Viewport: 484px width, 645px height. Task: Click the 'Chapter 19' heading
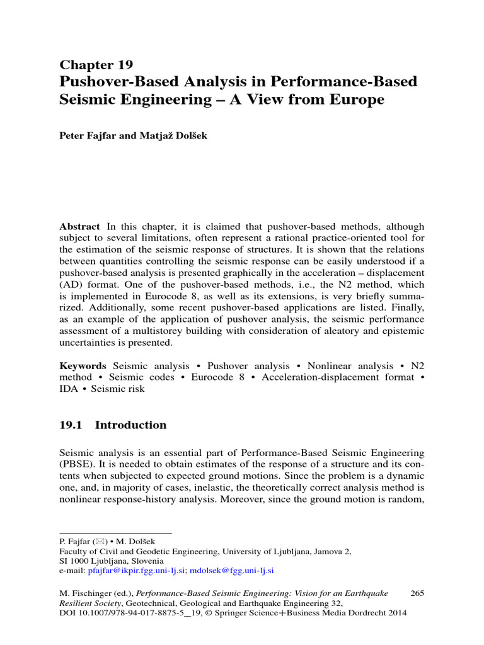click(x=96, y=65)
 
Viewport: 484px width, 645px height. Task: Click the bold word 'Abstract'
click(x=79, y=227)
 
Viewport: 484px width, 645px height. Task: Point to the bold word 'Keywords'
click(x=83, y=366)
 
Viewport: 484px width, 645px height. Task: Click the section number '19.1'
click(x=71, y=425)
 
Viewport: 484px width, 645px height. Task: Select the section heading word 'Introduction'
click(x=130, y=425)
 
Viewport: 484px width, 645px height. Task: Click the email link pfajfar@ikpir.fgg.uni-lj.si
click(x=137, y=571)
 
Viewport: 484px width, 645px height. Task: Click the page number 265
click(x=418, y=593)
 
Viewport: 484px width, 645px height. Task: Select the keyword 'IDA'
click(x=69, y=389)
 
